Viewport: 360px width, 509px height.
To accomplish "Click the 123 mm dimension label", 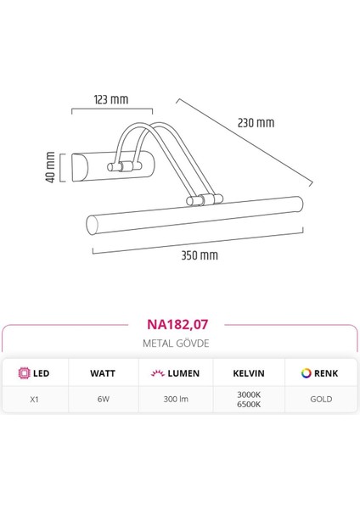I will point(112,100).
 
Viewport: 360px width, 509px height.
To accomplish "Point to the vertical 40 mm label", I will point(51,167).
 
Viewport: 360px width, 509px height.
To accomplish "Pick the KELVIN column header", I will point(250,373).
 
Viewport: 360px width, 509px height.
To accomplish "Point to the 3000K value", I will point(250,394).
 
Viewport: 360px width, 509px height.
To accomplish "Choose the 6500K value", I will point(250,404).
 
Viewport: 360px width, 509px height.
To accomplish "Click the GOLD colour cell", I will point(320,399).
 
